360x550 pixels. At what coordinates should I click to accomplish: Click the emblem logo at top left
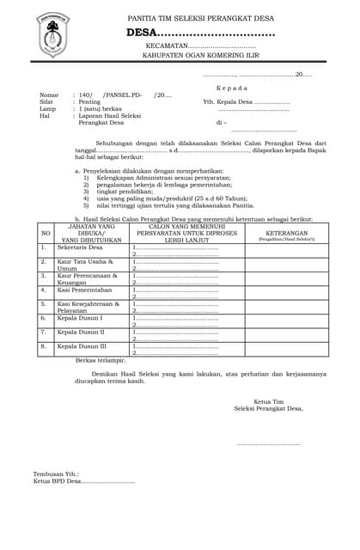(x=53, y=35)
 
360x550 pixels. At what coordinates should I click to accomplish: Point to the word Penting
(x=89, y=101)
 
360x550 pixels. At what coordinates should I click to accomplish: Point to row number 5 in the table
(x=44, y=304)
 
